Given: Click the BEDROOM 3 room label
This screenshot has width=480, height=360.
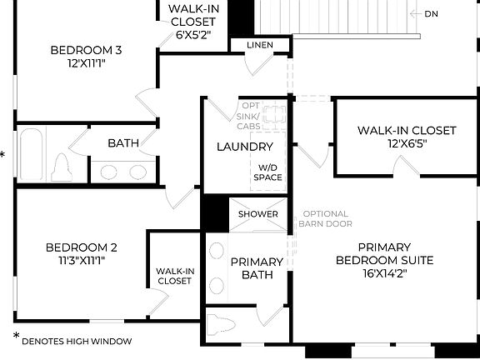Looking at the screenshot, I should [86, 50].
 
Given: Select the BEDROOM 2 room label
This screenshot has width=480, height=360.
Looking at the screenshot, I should [81, 247].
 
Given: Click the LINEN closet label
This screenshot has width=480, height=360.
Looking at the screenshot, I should [257, 44].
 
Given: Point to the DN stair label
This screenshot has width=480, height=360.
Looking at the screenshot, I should [431, 13].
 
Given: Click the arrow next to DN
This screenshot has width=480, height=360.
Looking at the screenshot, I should [415, 13].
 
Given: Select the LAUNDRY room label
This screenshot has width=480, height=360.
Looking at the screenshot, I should [245, 147].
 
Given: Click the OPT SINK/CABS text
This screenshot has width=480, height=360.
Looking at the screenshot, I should [249, 116].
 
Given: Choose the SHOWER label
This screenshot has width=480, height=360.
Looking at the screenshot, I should [258, 214].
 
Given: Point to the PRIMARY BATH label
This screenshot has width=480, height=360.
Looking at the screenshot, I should [257, 267].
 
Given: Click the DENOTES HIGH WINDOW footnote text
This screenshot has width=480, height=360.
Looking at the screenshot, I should [77, 340].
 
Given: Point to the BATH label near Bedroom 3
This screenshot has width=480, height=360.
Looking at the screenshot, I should [123, 143].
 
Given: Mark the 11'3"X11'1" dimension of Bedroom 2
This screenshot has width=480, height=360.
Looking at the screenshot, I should [81, 260].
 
